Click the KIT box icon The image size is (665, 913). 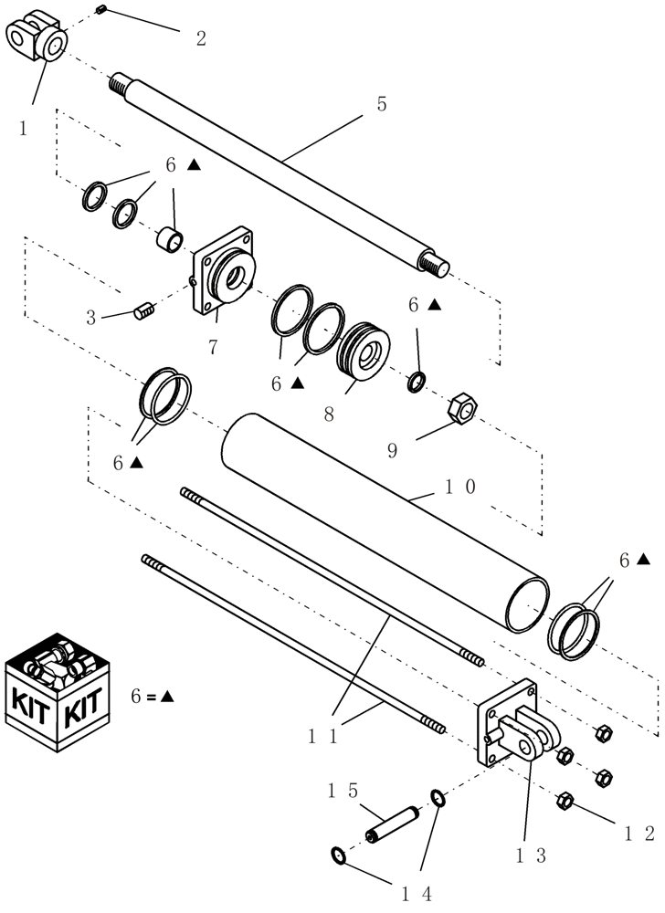click(x=59, y=689)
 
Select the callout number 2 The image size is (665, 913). click(x=201, y=38)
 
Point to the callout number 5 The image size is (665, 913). click(x=382, y=104)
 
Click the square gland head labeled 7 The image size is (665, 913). click(x=222, y=271)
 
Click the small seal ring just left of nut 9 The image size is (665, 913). click(x=417, y=382)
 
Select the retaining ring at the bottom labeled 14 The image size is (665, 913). click(x=338, y=855)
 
